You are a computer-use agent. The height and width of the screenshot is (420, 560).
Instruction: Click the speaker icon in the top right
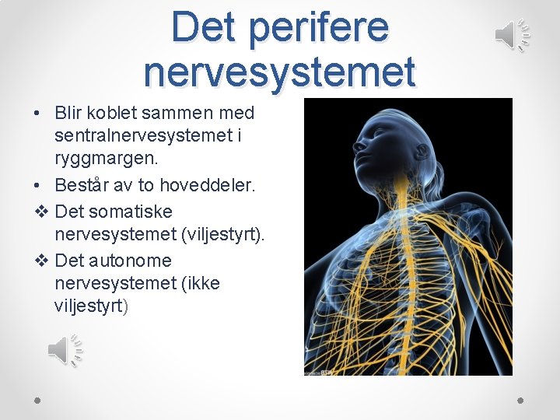(513, 35)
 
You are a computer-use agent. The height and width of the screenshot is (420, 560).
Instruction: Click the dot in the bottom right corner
(520, 399)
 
